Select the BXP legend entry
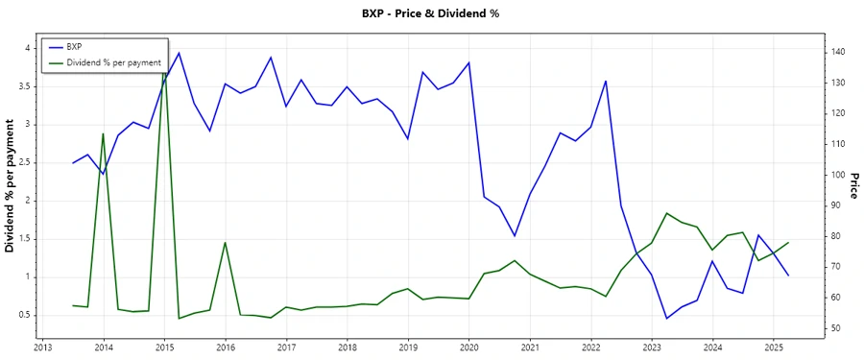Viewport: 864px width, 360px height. [74, 46]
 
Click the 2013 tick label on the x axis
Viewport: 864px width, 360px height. [42, 348]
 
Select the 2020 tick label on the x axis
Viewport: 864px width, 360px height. [469, 348]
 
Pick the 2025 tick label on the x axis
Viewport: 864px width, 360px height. [774, 348]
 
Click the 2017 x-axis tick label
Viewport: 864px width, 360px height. [286, 348]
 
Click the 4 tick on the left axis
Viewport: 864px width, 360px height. [29, 48]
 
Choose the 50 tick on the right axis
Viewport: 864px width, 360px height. [835, 329]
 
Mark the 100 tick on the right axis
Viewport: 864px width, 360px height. [838, 175]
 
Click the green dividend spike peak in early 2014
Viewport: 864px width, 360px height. [103, 133]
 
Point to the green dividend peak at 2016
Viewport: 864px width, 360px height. [225, 242]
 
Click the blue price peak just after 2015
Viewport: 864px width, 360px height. [180, 53]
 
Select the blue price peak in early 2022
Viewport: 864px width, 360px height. [606, 81]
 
